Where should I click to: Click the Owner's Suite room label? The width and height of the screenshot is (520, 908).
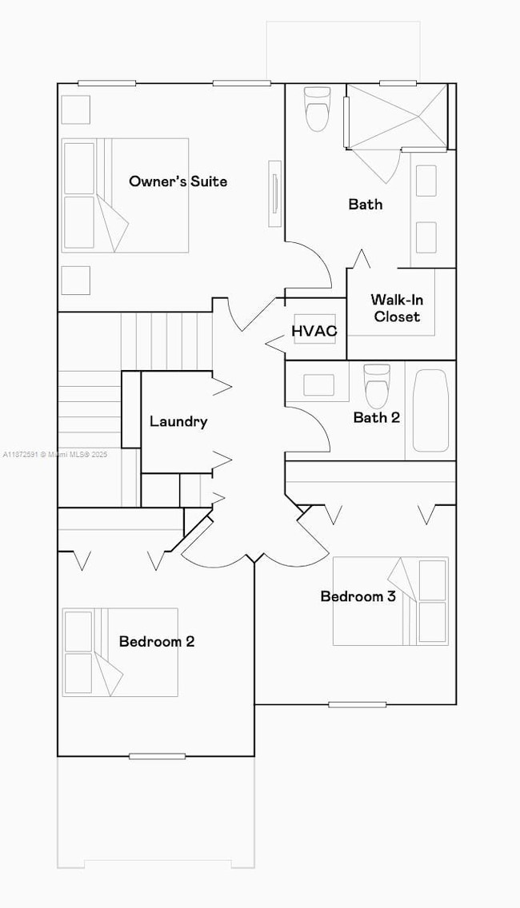coord(178,181)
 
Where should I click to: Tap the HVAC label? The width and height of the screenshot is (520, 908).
coord(314,331)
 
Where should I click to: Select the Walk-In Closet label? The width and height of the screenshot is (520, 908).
coord(397,308)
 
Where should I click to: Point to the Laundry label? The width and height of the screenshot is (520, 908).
coord(178,421)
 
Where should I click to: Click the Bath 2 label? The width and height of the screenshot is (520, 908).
coord(377,417)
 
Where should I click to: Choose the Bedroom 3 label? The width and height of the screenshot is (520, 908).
coord(358,596)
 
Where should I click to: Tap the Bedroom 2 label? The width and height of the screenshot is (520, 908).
coord(157,642)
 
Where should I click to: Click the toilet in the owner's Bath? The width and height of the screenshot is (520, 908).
coord(317,109)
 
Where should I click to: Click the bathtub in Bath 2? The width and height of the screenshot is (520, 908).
coord(430,411)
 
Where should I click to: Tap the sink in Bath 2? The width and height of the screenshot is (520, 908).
coord(318,385)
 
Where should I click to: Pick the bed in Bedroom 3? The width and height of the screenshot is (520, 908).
coord(390,601)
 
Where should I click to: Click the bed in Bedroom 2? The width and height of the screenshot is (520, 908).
coord(120,652)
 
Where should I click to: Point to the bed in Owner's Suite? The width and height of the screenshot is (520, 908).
coord(126,195)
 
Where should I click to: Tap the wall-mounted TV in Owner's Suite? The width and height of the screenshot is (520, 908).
coord(275,194)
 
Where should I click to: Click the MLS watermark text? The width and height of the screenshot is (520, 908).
coord(55,455)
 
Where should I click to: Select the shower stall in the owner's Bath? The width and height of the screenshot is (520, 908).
coord(397,117)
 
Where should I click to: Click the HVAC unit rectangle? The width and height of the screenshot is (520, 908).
coord(314,329)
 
